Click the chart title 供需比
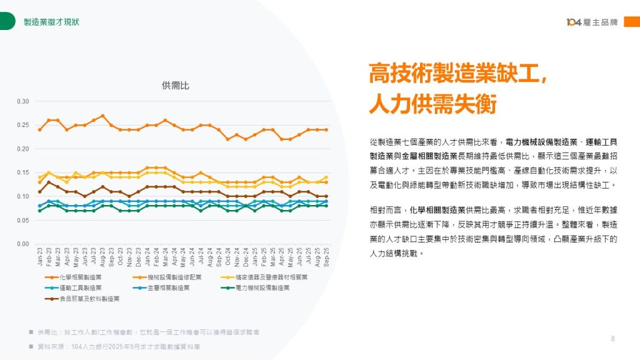tap(175, 85)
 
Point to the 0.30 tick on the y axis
tap(23, 101)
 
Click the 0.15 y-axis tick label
tap(23, 172)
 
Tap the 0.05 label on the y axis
tap(23, 220)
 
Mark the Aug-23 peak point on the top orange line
tap(102, 116)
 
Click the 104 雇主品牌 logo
tap(592, 22)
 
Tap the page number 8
tap(613, 339)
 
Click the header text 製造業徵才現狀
tap(51, 22)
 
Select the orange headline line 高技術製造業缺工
tap(457, 74)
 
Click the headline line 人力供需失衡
tap(432, 103)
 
